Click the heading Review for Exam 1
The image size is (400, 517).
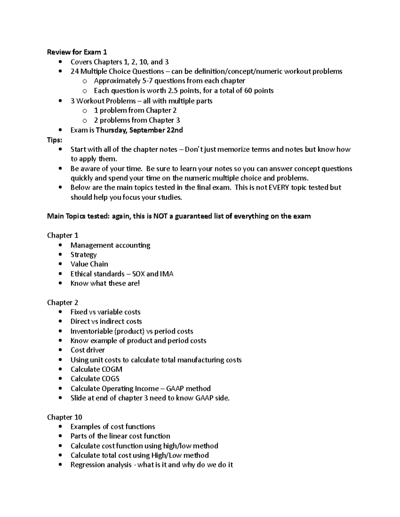point(77,52)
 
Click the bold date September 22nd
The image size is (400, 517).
point(156,130)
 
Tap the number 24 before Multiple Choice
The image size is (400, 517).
point(74,71)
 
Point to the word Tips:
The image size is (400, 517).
point(54,140)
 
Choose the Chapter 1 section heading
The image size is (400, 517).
point(63,235)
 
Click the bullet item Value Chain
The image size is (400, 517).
point(89,264)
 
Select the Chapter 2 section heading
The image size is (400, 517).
point(63,303)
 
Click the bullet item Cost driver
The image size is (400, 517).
point(87,350)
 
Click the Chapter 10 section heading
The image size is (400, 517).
point(65,417)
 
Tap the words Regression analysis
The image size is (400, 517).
point(101,465)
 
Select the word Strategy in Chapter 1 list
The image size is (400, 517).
point(83,255)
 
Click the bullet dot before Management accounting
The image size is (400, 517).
point(60,245)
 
